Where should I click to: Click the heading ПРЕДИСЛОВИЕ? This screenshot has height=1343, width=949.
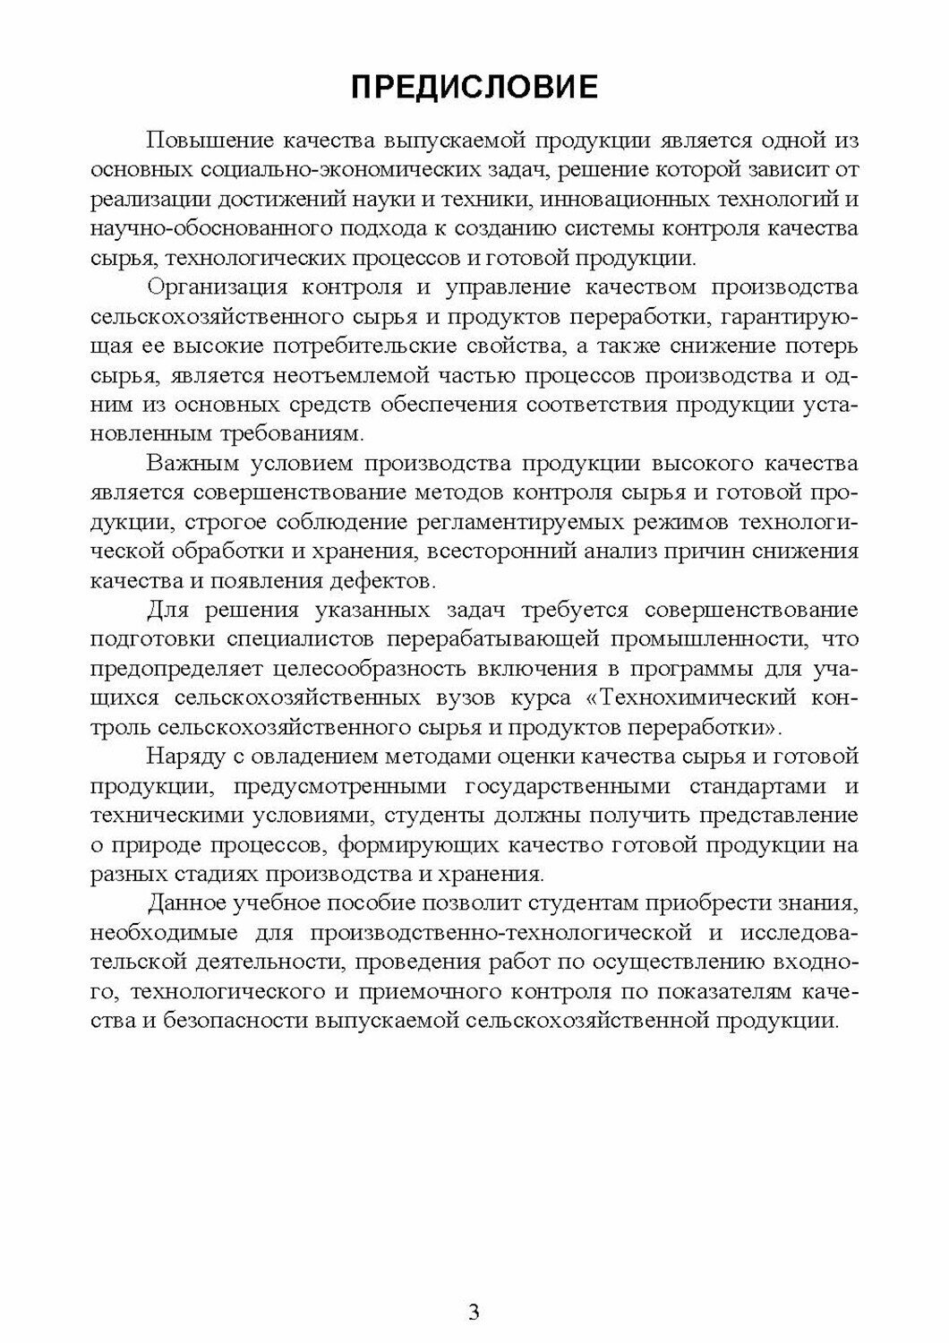pyautogui.click(x=474, y=87)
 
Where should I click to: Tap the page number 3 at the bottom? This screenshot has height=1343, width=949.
pyautogui.click(x=474, y=1313)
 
